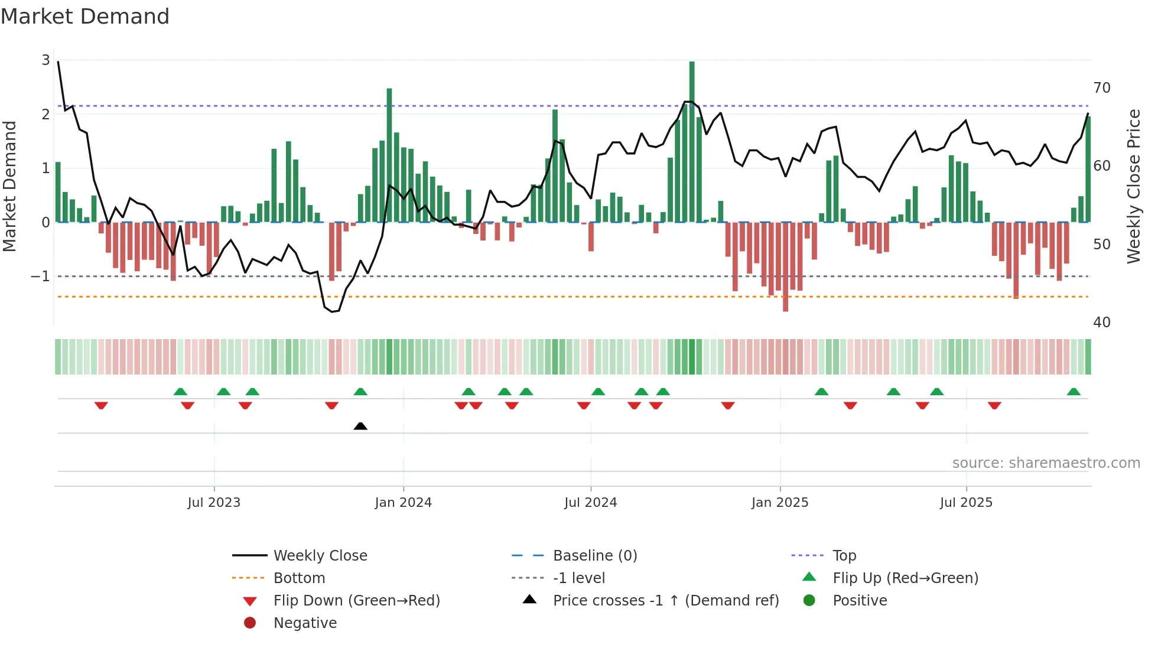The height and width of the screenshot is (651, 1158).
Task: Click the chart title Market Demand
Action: click(x=85, y=17)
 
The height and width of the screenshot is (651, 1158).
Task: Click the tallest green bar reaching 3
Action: click(x=692, y=142)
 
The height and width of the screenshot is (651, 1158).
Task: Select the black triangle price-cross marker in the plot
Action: click(x=360, y=426)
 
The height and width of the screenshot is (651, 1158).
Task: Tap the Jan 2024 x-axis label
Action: click(x=403, y=503)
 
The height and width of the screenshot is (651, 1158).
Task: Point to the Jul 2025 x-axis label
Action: click(x=966, y=503)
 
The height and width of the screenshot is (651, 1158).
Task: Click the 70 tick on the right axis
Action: click(x=1101, y=88)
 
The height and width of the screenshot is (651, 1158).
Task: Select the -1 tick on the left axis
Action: click(x=40, y=276)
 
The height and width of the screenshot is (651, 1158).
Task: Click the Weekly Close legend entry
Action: click(x=320, y=556)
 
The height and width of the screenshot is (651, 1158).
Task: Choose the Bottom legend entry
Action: click(x=299, y=578)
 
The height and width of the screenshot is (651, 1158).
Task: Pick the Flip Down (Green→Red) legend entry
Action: click(x=356, y=601)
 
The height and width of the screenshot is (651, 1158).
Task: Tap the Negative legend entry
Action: click(x=305, y=623)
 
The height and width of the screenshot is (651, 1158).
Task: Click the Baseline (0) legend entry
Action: click(x=594, y=556)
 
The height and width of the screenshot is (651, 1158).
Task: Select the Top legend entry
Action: click(x=844, y=556)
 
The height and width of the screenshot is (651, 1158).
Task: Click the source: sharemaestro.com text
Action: click(x=1046, y=463)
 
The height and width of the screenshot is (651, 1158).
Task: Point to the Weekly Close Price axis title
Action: click(x=1133, y=186)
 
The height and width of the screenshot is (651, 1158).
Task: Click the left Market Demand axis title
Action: click(x=10, y=186)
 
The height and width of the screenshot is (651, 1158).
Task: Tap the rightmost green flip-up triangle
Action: click(x=1074, y=392)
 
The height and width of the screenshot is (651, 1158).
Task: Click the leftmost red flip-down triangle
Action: click(x=101, y=405)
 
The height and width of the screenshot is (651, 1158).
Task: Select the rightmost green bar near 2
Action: click(x=1088, y=169)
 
